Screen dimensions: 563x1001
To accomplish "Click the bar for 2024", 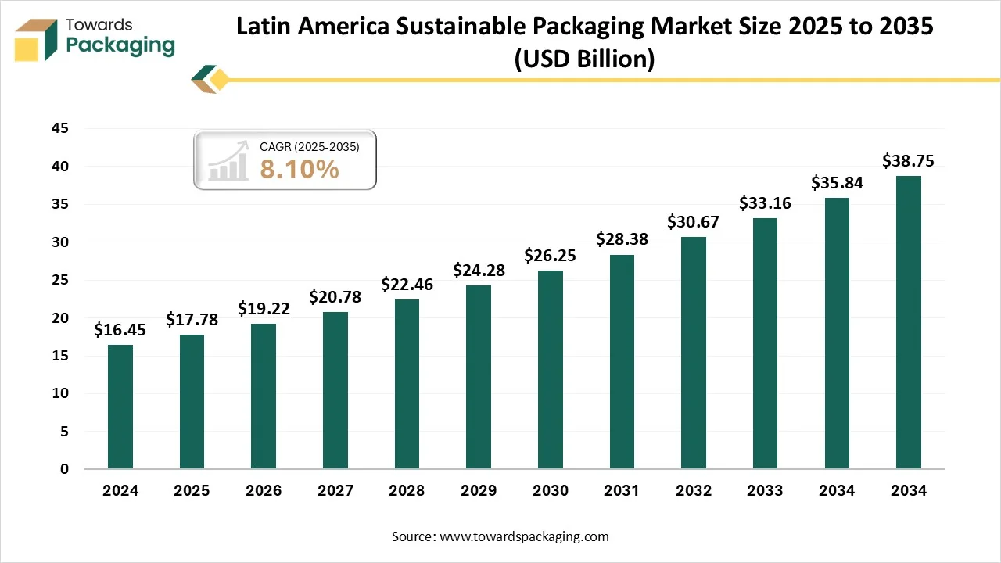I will tap(120, 407).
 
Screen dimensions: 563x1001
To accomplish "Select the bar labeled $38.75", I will tap(908, 322).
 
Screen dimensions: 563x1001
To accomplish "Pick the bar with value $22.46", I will tap(407, 384).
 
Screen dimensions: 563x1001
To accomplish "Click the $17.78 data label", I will tap(192, 319).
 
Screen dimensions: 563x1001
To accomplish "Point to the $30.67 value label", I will tap(693, 221).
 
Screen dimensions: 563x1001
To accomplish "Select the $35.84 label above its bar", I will tap(836, 182).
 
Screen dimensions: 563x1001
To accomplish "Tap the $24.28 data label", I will tap(479, 271).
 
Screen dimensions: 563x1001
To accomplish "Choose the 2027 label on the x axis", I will tap(335, 491).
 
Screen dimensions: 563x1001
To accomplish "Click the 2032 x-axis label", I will tap(693, 491).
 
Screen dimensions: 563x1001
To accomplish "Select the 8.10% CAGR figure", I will tap(300, 169).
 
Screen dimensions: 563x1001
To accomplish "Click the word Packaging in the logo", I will tap(120, 45).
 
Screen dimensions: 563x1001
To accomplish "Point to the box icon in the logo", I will tap(36, 39).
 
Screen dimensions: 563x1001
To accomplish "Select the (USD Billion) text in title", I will tap(584, 59).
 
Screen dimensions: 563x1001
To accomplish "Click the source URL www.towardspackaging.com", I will tap(524, 536).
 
